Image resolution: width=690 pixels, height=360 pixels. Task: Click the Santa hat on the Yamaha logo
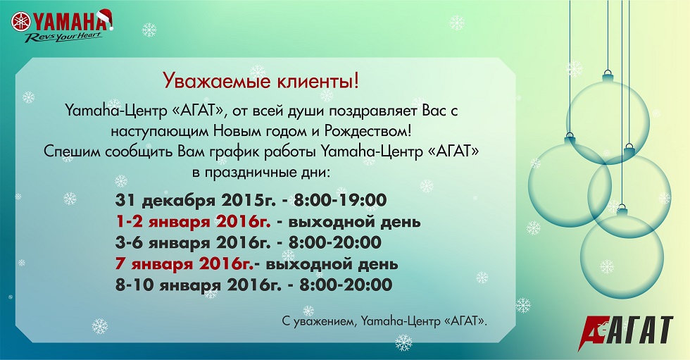click(105, 19)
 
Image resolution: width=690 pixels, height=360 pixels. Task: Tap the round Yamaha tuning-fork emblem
click(20, 22)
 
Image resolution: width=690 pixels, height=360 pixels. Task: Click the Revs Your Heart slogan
click(64, 37)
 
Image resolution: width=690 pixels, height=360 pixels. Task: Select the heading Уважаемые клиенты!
click(261, 81)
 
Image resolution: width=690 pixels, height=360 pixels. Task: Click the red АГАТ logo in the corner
click(625, 333)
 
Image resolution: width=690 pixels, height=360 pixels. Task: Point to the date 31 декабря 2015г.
click(196, 201)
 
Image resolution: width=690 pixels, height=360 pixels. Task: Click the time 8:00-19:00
click(340, 200)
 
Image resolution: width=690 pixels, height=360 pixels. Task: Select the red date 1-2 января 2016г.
click(193, 222)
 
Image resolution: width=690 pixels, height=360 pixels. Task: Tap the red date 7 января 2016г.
click(184, 264)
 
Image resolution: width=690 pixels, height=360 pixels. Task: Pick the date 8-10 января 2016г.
click(198, 285)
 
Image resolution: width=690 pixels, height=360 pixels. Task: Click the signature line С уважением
click(384, 321)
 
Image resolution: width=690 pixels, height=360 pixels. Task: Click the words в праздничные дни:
click(261, 172)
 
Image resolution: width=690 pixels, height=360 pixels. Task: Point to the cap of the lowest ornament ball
click(622, 209)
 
